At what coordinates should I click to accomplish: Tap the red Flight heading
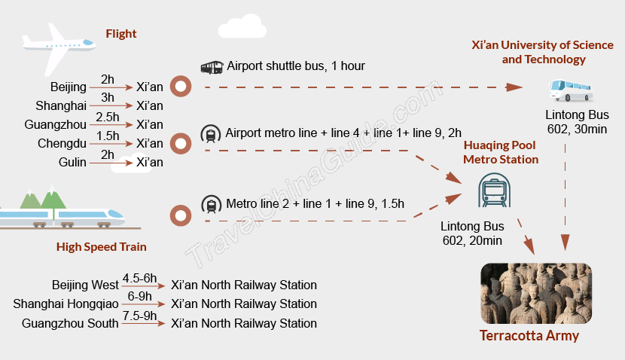(121, 34)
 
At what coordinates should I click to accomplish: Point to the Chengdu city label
(58, 144)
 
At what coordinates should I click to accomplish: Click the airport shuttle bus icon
(211, 67)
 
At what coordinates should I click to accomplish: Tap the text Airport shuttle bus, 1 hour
(296, 66)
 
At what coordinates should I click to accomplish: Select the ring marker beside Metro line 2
(180, 216)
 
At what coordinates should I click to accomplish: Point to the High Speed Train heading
(102, 246)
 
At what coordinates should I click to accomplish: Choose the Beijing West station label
(85, 285)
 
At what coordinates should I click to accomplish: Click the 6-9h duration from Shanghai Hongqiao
(139, 297)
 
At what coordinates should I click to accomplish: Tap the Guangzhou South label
(71, 324)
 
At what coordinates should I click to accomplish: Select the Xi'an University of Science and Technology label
(543, 52)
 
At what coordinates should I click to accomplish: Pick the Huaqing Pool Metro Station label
(501, 152)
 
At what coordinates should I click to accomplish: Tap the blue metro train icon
(494, 191)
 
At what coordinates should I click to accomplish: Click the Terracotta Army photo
(536, 293)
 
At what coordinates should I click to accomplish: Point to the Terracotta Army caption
(529, 336)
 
